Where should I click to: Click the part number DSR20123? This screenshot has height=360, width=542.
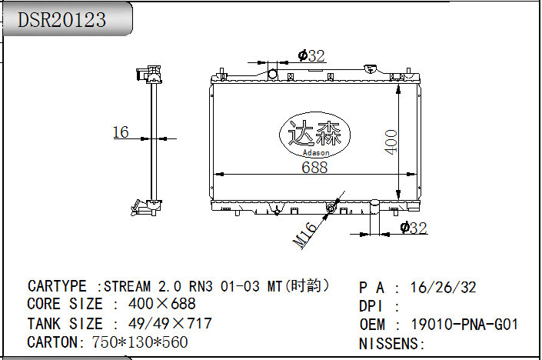coord(62,20)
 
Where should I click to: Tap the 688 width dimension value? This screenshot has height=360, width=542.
coord(314,168)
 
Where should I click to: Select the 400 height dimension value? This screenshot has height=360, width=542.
coord(391,142)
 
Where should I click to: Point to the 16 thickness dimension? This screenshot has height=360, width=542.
coord(121,132)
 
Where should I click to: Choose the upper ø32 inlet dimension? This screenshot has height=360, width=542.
coord(311,55)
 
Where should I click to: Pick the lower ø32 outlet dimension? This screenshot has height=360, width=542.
coord(414,228)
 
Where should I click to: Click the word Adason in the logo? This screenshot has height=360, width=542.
coord(316,152)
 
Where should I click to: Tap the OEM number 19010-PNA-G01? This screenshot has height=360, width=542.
coord(464,325)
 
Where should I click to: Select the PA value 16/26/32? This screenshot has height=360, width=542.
coord(443,288)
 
